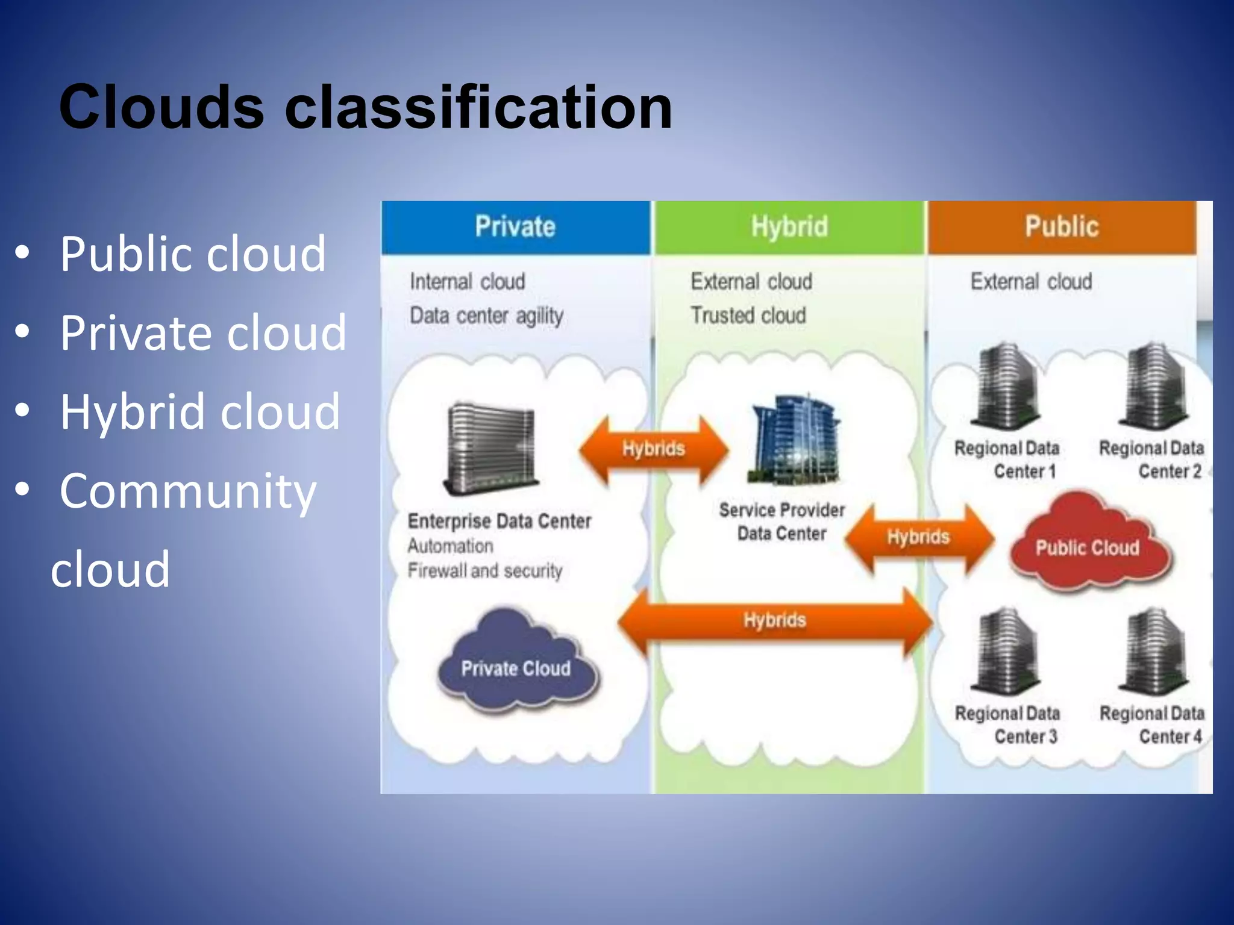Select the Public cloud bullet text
[193, 254]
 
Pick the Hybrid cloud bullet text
[200, 411]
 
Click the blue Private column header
[515, 227]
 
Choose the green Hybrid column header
[789, 227]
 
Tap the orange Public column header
[1062, 227]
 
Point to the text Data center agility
[486, 316]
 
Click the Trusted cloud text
[748, 315]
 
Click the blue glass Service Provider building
[794, 440]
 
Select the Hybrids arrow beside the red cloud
[918, 537]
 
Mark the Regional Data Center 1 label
[1007, 459]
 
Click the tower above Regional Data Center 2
[1153, 386]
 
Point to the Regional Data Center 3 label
[1007, 724]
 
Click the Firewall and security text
[485, 570]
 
